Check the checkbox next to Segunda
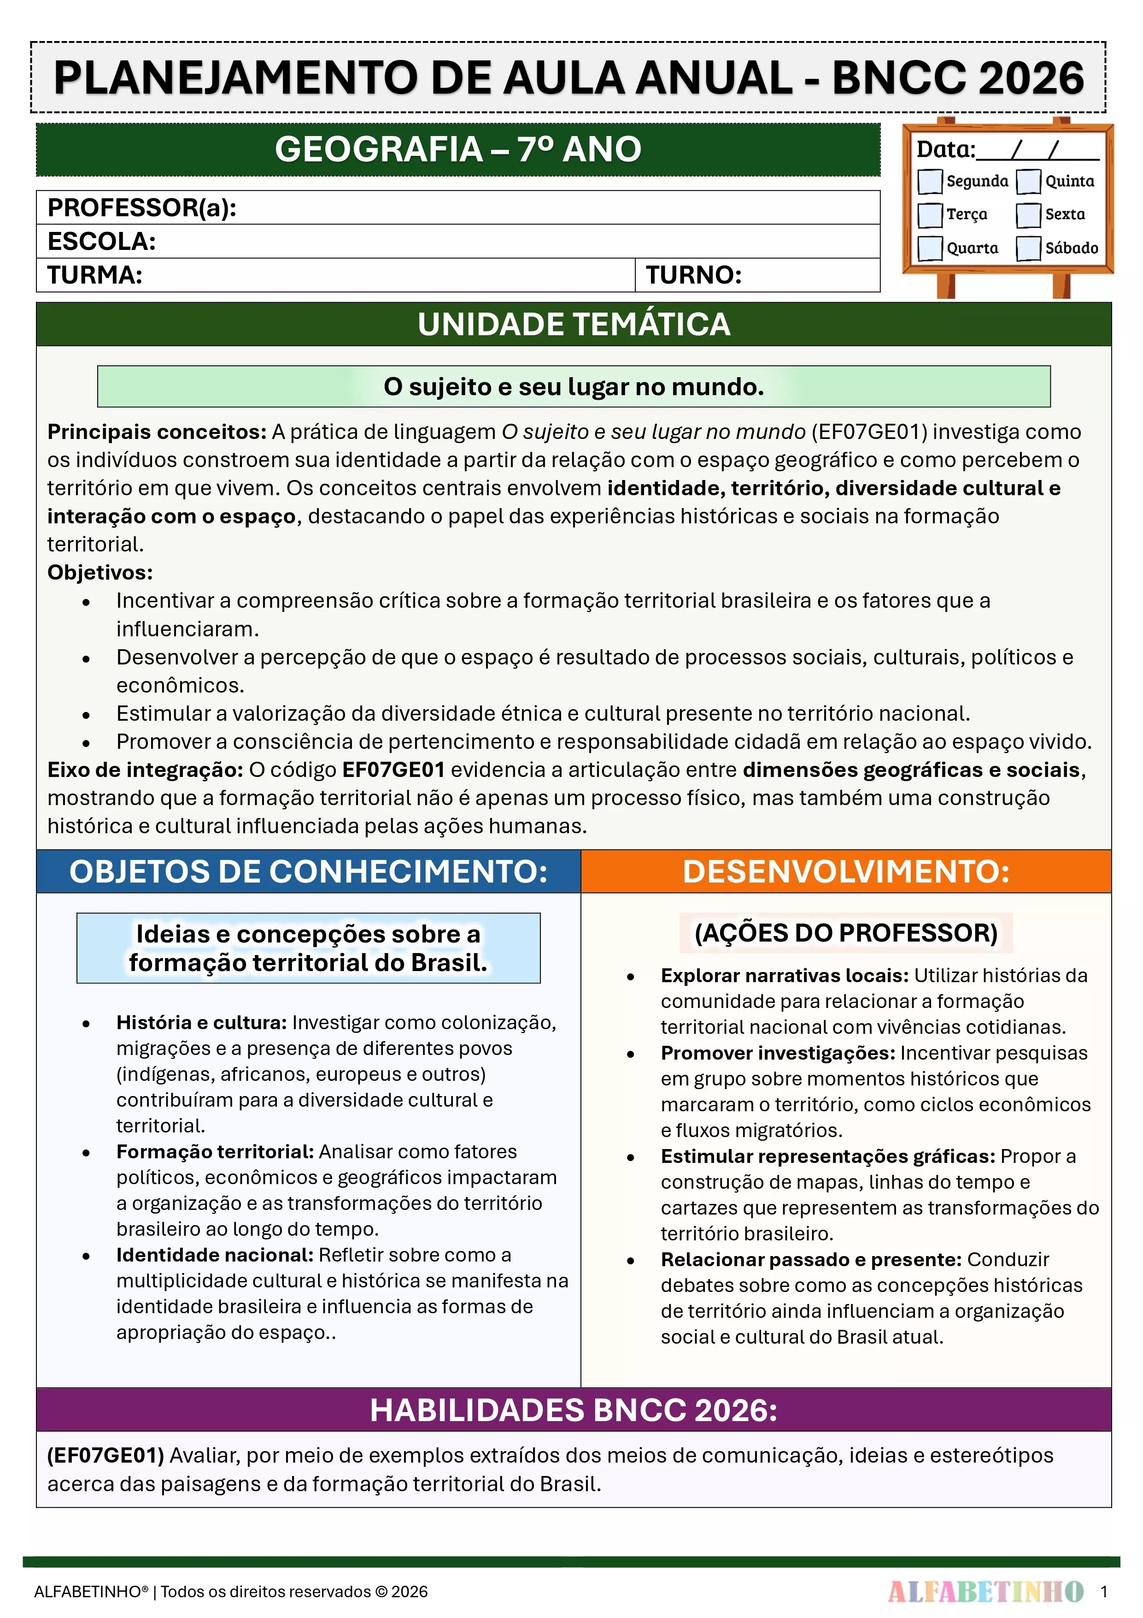(930, 181)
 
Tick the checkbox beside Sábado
(1028, 248)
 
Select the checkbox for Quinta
(1028, 181)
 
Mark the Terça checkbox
(930, 215)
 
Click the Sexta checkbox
(1028, 215)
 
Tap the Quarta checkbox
(930, 248)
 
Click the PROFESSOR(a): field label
(141, 208)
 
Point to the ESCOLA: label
(101, 242)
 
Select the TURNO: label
(694, 275)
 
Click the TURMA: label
(95, 275)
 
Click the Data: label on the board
(945, 149)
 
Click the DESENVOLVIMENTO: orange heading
(846, 872)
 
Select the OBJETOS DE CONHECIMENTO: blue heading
(309, 872)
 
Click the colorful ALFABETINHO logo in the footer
(985, 1591)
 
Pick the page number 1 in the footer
(1103, 1591)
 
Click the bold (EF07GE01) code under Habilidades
(106, 1455)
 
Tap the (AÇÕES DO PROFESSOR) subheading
(846, 933)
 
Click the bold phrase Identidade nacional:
(215, 1255)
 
